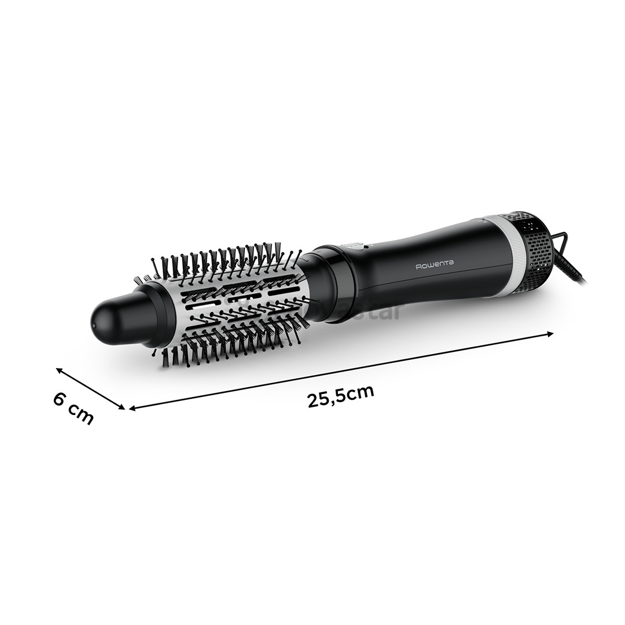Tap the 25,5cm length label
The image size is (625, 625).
coord(340,396)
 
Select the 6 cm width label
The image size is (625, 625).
coord(73,407)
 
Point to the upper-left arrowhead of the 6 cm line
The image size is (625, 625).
coord(58,369)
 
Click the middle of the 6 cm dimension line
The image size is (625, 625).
coord(90,388)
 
